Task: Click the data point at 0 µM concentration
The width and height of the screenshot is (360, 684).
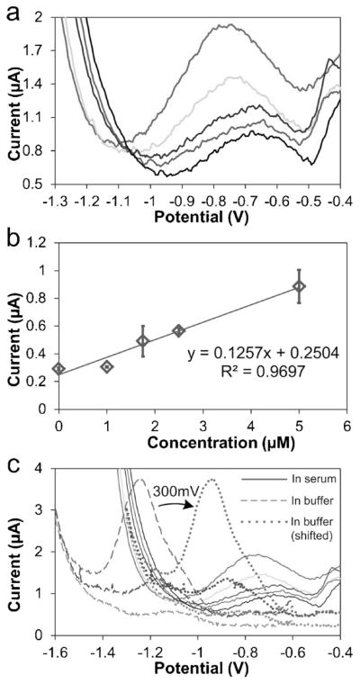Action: (58, 369)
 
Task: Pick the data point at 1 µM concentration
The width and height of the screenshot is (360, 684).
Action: (107, 367)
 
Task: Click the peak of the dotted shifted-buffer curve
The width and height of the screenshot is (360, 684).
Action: (212, 480)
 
